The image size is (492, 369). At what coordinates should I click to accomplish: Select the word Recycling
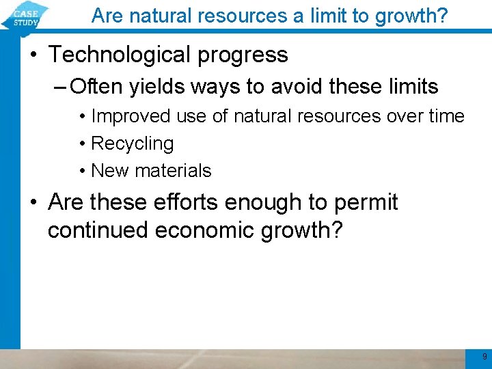tap(132, 144)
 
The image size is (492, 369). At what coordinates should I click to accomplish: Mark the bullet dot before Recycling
tap(82, 144)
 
